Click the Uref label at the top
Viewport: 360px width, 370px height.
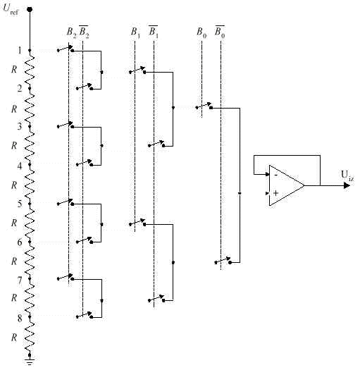[x=11, y=9]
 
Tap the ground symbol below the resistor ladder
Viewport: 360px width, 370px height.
[x=30, y=362]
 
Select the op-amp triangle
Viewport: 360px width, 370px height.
[x=287, y=185]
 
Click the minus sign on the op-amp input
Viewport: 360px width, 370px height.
[x=275, y=175]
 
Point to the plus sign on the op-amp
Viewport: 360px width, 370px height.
[x=275, y=193]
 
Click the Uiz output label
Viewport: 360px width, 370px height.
[x=347, y=175]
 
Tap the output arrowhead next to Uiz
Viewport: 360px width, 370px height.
[x=347, y=185]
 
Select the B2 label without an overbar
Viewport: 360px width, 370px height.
[x=71, y=32]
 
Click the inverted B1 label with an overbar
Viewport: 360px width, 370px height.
[x=154, y=32]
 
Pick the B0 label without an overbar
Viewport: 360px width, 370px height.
[x=201, y=32]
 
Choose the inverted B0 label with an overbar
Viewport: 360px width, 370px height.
[x=220, y=32]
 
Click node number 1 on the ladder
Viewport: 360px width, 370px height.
[x=20, y=50]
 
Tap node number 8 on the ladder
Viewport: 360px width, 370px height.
[x=20, y=319]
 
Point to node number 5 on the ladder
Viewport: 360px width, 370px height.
[x=20, y=204]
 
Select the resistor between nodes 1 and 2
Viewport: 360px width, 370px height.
[x=30, y=70]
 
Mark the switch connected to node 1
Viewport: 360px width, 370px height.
[x=66, y=49]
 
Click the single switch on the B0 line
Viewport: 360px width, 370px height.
[x=204, y=106]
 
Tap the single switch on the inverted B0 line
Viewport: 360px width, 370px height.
[x=223, y=261]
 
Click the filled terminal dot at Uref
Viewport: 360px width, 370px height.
[x=30, y=9]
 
